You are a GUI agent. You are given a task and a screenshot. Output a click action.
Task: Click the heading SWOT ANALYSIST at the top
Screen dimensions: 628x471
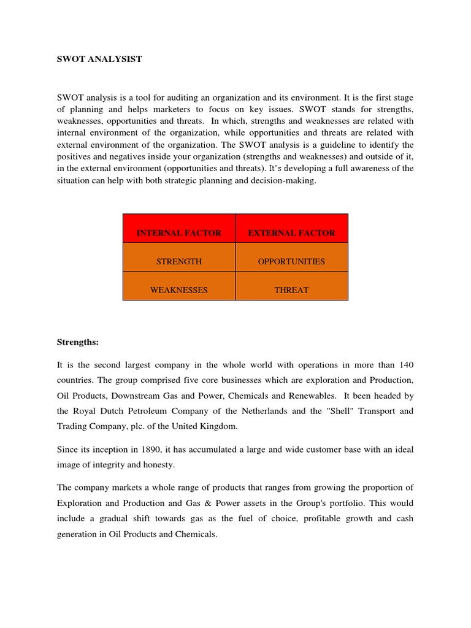(x=99, y=59)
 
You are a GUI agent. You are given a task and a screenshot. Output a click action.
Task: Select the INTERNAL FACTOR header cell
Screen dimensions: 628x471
(x=178, y=233)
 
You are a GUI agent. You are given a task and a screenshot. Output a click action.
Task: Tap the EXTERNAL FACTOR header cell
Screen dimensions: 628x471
(x=291, y=233)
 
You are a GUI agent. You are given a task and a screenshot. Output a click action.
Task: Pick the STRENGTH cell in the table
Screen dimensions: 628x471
(x=178, y=261)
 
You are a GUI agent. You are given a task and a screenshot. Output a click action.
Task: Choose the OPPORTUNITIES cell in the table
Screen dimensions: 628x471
(x=291, y=261)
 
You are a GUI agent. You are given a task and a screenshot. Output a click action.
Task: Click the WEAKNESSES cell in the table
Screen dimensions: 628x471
(x=178, y=290)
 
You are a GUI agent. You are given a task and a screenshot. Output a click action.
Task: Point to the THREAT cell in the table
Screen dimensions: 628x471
(x=291, y=290)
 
